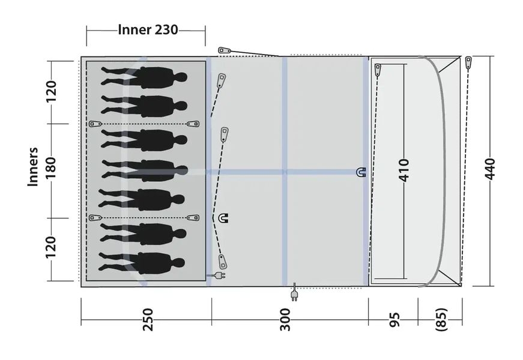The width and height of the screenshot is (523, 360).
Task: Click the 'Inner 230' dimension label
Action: click(148, 29)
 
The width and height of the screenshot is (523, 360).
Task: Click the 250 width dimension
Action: click(148, 319)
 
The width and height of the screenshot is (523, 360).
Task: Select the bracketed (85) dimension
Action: click(441, 319)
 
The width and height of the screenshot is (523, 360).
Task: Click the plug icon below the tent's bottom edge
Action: click(294, 296)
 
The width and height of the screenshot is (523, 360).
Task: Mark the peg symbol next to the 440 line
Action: click(469, 62)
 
